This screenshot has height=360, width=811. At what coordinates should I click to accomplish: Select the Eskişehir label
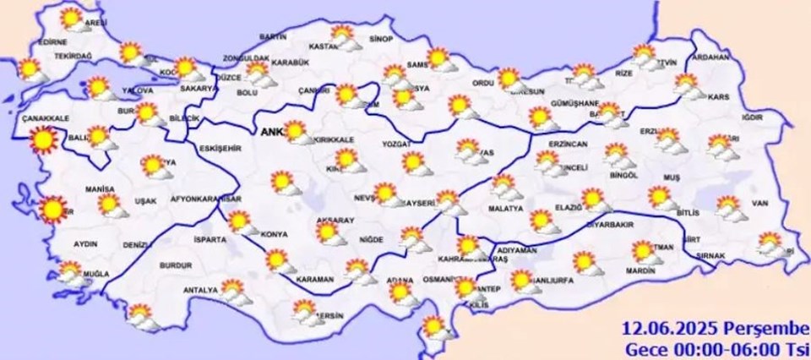coord(220,148)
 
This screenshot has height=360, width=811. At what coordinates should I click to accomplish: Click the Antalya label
coord(200,292)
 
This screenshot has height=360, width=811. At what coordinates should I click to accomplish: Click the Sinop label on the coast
coord(382,39)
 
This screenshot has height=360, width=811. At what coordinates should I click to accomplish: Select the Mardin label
coord(641,271)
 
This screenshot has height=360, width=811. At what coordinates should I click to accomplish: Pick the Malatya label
coord(507,208)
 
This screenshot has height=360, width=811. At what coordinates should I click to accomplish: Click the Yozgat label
coord(396,145)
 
